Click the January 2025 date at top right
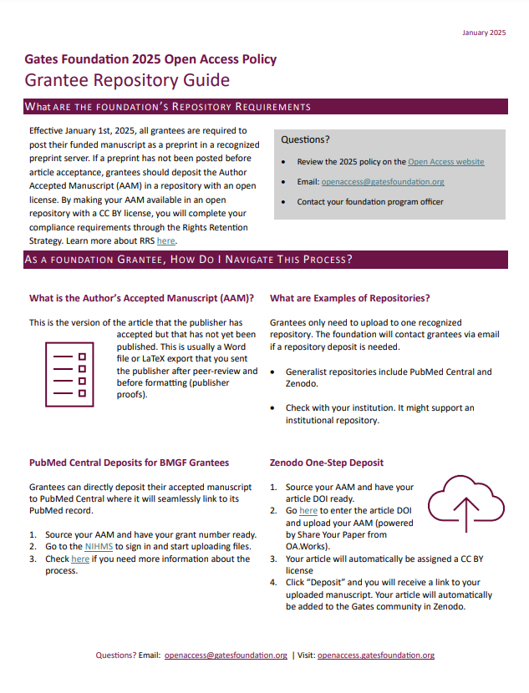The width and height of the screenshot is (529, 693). (x=484, y=33)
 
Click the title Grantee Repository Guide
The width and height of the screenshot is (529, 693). (x=127, y=81)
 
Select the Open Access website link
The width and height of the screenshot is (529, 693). (x=445, y=162)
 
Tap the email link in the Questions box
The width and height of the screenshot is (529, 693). (x=382, y=182)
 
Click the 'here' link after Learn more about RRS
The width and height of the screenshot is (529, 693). (x=165, y=240)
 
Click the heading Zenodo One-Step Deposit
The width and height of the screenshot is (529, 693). (x=327, y=462)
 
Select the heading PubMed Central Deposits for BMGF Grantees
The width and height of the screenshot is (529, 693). (x=129, y=462)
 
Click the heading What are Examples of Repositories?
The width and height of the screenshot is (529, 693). (x=350, y=298)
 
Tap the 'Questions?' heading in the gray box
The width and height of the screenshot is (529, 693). (x=305, y=139)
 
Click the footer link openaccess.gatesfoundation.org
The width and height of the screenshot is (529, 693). (x=375, y=655)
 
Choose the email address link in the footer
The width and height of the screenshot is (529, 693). (x=226, y=655)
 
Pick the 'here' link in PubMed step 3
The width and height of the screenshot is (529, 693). (x=80, y=559)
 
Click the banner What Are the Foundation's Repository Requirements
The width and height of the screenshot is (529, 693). (x=167, y=107)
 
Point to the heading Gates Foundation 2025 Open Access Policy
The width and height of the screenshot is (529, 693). (x=150, y=59)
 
